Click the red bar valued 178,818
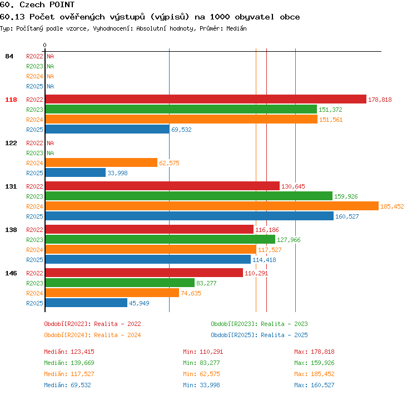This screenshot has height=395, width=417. pos(206,99)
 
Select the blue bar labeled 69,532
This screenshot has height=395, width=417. pos(107,129)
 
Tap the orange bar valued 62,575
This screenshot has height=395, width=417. pos(101,162)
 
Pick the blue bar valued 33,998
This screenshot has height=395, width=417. pos(76,172)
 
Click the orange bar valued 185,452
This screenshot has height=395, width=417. pos(212,206)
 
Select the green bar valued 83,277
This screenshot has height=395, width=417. pos(120,283)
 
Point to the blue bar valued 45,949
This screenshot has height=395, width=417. pos(86,303)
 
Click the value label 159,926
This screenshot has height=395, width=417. pos(346,196)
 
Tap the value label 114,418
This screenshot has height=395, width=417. pos(264,260)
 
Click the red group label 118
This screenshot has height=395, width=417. pos(11,100)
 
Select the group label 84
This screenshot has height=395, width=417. pos(9,56)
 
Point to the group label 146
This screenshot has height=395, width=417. pos(11,273)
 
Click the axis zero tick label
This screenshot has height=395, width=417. pos(44,45)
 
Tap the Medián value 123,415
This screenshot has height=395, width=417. pos(82,352)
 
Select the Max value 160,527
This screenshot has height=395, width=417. pos(322,385)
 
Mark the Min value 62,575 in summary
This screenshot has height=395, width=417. pos(210,374)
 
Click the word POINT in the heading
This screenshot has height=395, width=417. pos(62,4)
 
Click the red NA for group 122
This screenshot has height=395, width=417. pos(50,143)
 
